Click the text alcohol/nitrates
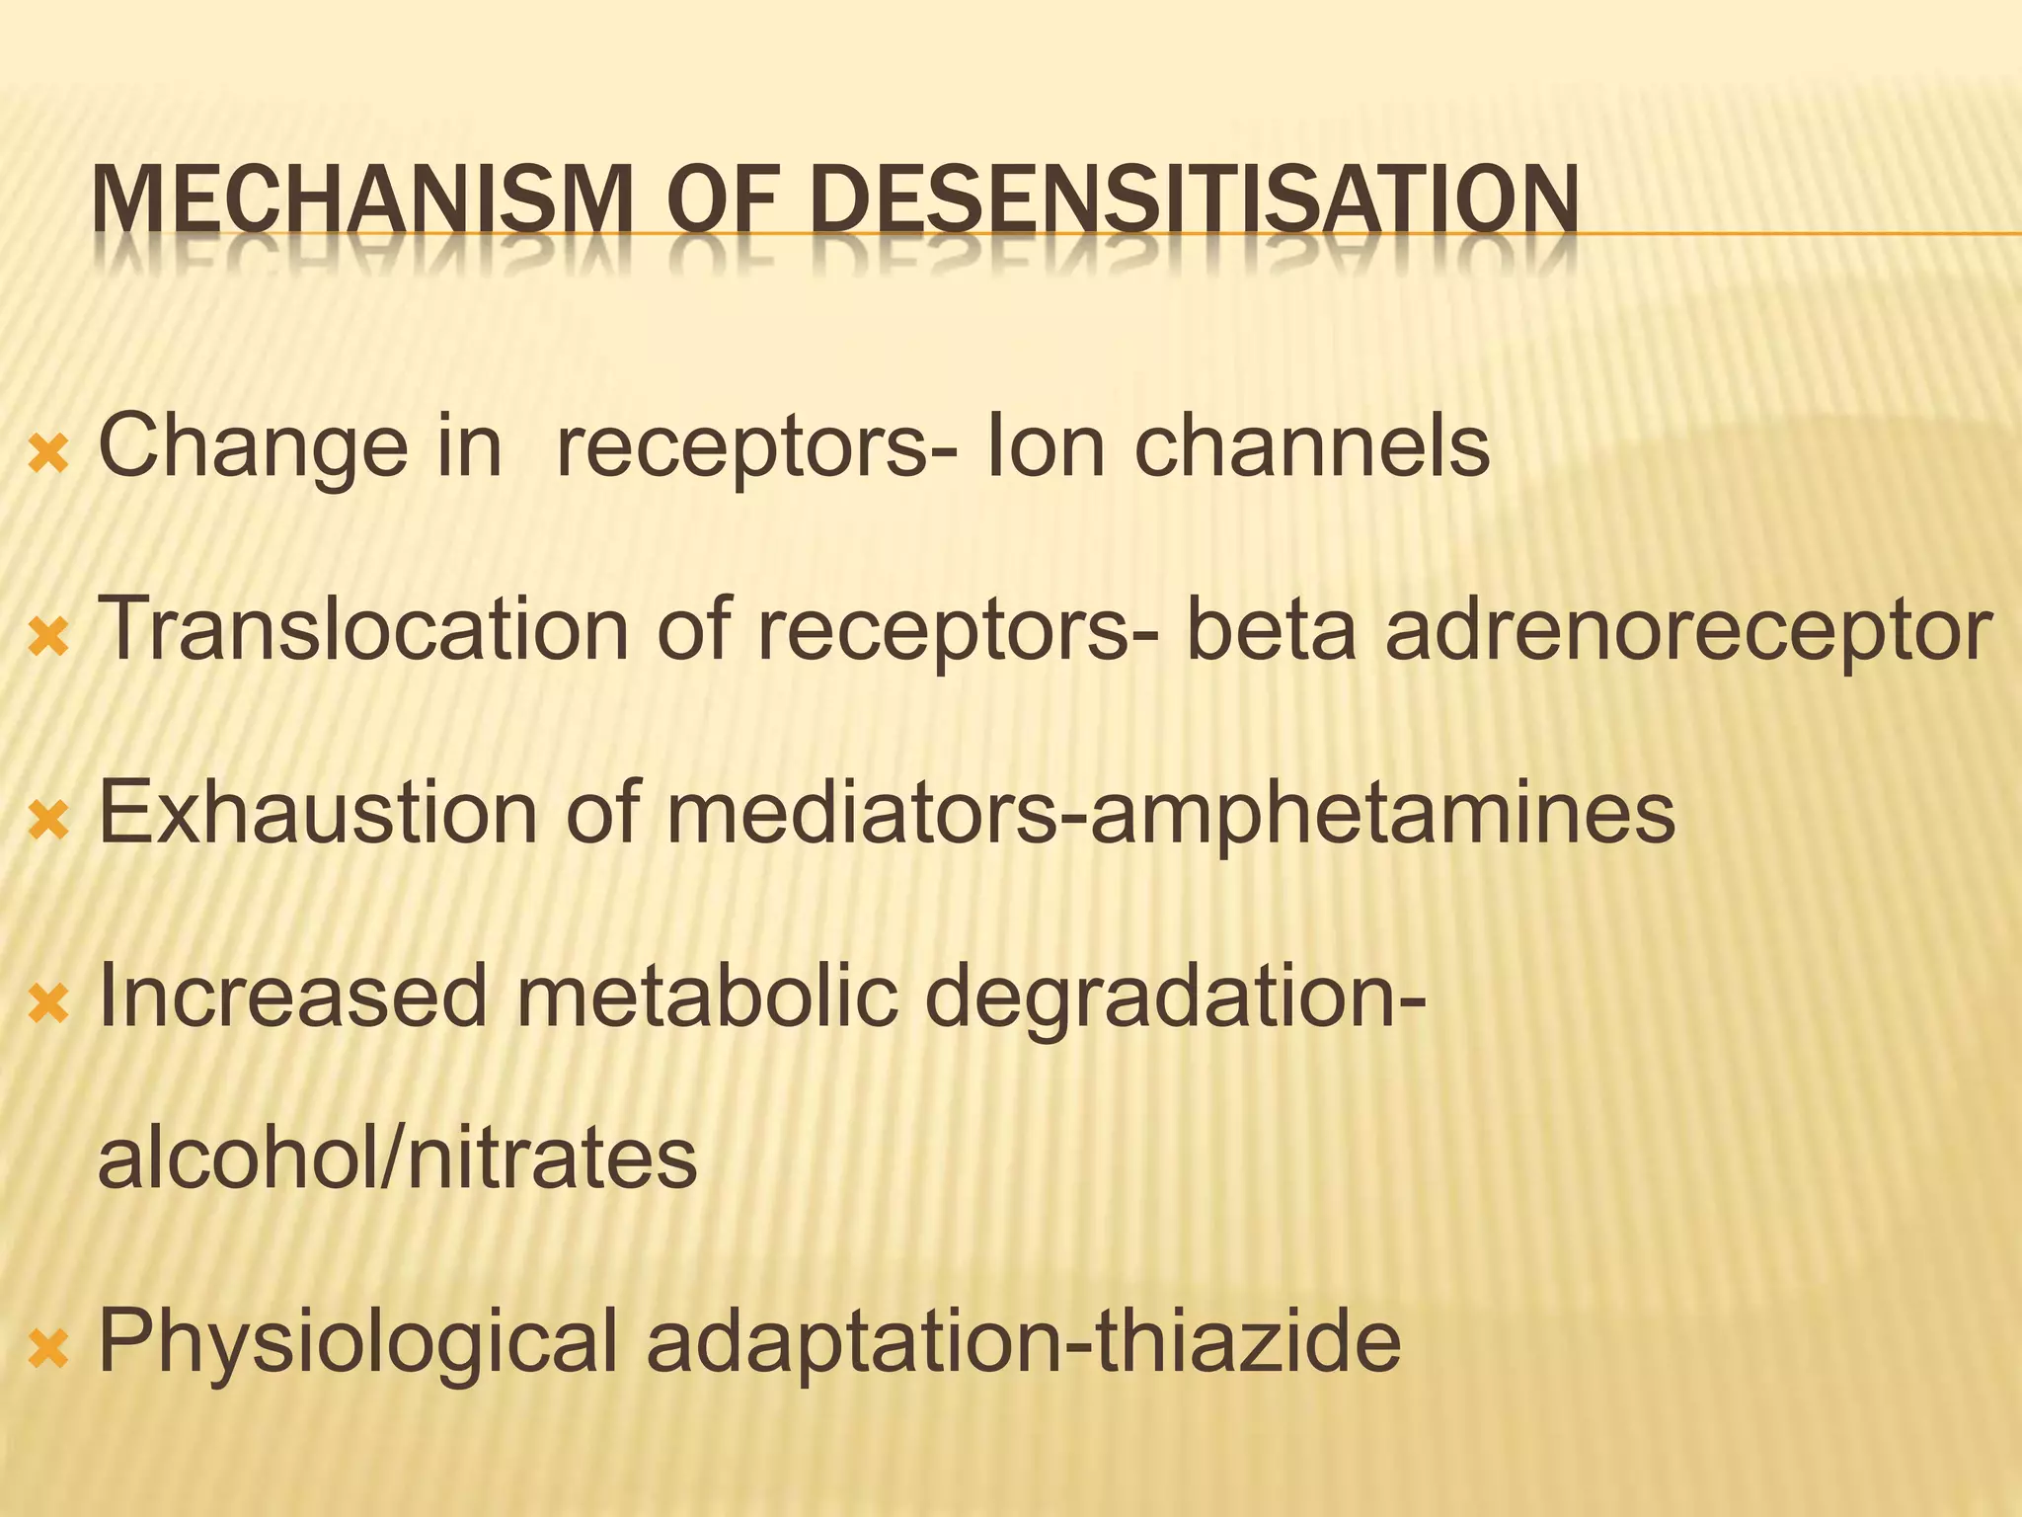(398, 1158)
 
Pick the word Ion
(1046, 446)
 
